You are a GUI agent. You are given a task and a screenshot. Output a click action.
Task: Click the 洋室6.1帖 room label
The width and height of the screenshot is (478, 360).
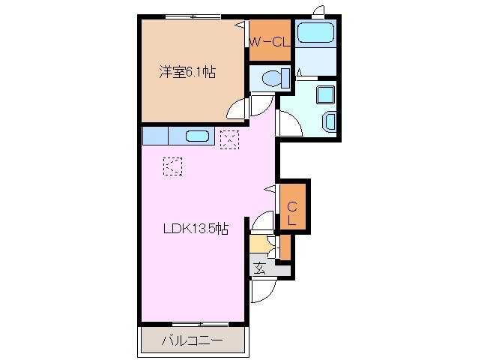pos(187,73)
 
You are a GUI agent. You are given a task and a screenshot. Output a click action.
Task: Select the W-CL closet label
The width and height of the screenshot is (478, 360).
pos(270,42)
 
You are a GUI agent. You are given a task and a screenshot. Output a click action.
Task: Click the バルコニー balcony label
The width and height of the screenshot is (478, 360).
pos(191,341)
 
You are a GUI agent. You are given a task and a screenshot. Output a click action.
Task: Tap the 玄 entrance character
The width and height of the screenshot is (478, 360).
pos(258,268)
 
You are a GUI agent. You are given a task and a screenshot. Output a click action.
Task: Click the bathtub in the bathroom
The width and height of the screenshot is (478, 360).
pos(315,33)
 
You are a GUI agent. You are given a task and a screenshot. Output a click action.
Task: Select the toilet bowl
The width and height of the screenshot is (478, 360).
pos(268,77)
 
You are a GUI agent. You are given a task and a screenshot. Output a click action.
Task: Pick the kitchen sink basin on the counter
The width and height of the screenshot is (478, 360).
pos(196,136)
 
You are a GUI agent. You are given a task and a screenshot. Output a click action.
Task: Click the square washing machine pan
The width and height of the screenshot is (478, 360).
pos(325,94)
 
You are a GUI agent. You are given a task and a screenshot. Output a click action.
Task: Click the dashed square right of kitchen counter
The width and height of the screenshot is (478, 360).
pos(229,138)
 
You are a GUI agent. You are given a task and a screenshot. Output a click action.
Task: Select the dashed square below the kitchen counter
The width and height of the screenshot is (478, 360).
pos(172,165)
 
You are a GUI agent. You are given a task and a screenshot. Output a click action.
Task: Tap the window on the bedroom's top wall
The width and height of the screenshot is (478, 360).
pos(193,16)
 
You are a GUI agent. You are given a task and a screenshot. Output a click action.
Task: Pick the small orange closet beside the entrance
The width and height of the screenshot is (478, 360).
pos(284,247)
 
